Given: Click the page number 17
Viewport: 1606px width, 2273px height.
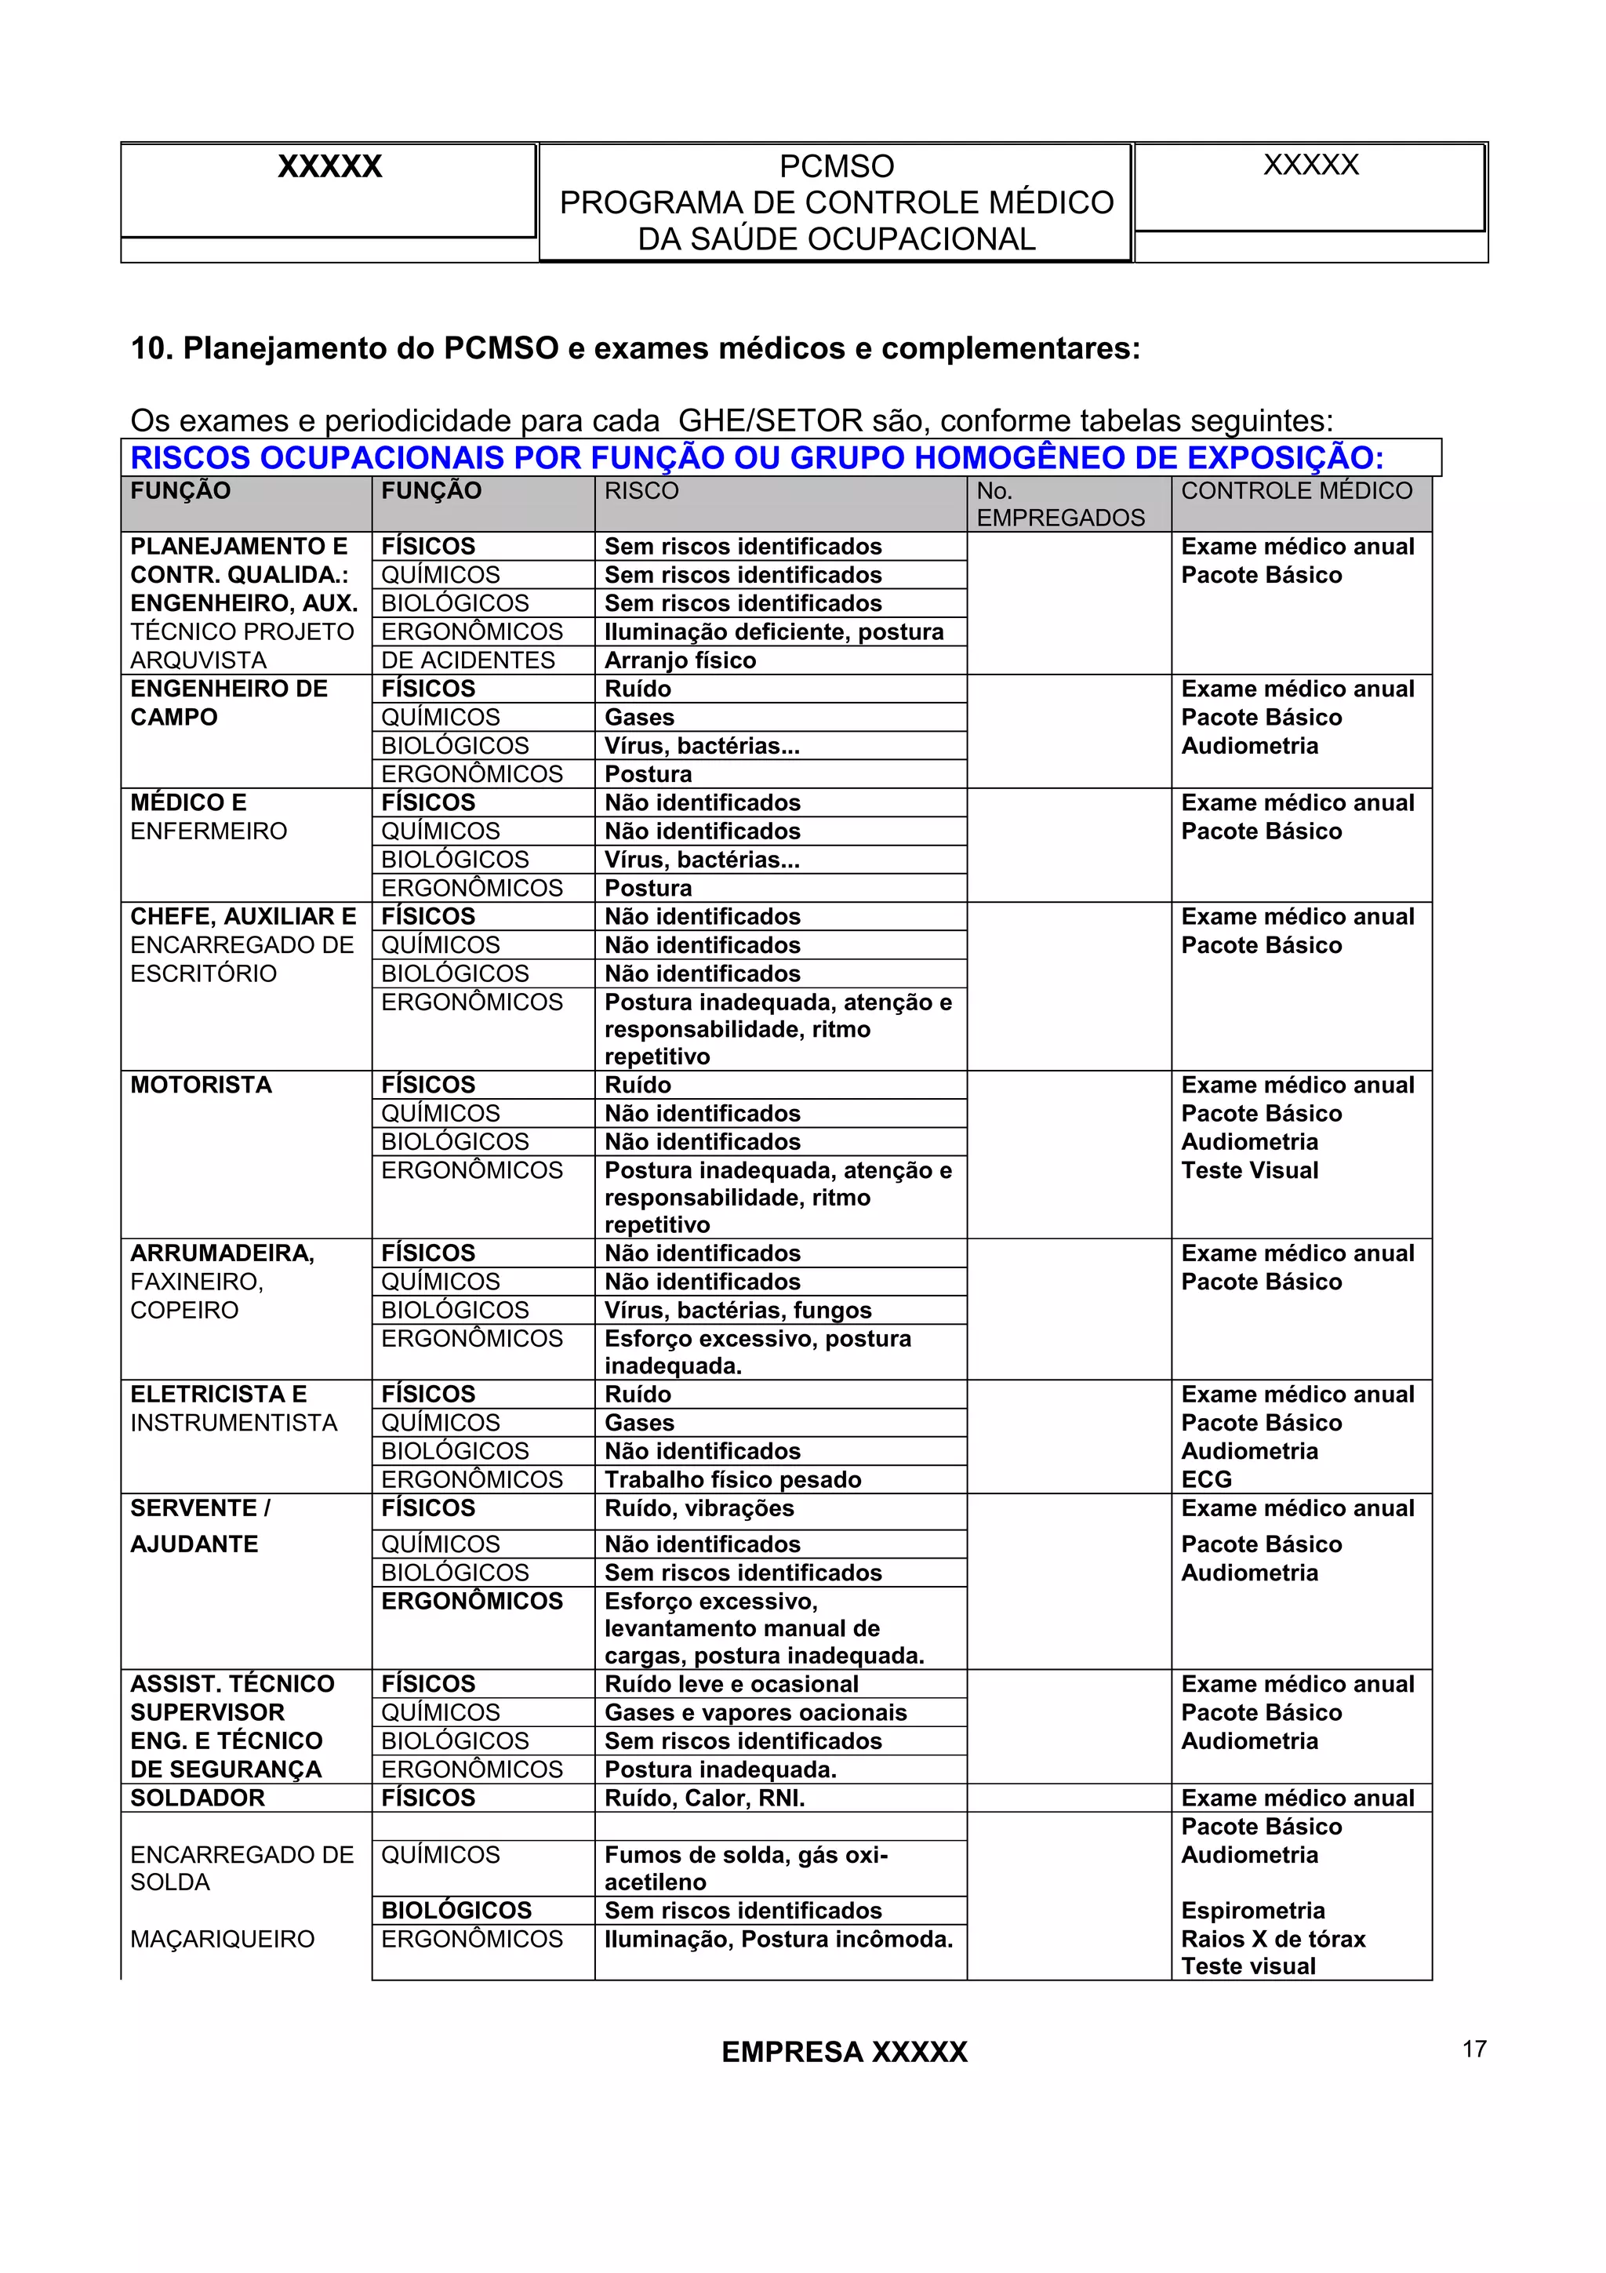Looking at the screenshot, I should [1473, 2048].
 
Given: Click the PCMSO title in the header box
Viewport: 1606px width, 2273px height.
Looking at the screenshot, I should [836, 166].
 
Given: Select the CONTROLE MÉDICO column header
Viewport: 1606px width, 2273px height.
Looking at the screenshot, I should [1296, 491].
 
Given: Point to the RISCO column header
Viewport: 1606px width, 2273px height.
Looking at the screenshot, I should [641, 491].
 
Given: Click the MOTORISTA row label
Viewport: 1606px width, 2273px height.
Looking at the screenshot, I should [201, 1085].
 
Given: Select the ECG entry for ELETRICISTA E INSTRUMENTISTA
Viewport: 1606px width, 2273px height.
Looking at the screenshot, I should [1206, 1479].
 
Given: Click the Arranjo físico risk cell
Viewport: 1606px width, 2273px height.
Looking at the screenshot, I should [680, 660].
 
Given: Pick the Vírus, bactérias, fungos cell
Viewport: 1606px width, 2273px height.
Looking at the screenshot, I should [738, 1310].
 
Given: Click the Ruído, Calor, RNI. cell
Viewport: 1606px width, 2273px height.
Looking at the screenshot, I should [704, 1798].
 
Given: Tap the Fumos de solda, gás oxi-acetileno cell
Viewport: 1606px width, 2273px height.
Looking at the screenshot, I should [746, 1868].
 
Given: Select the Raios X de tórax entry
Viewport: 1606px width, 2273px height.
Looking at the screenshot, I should [1273, 1938].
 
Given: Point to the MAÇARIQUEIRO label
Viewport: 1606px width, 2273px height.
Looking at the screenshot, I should [223, 1938].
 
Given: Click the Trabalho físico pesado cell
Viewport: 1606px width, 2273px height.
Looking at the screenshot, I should [732, 1479].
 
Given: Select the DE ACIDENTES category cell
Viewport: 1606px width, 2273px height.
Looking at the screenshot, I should [468, 660].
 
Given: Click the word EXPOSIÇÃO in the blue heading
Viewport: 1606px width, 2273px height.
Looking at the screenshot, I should [1284, 458].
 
